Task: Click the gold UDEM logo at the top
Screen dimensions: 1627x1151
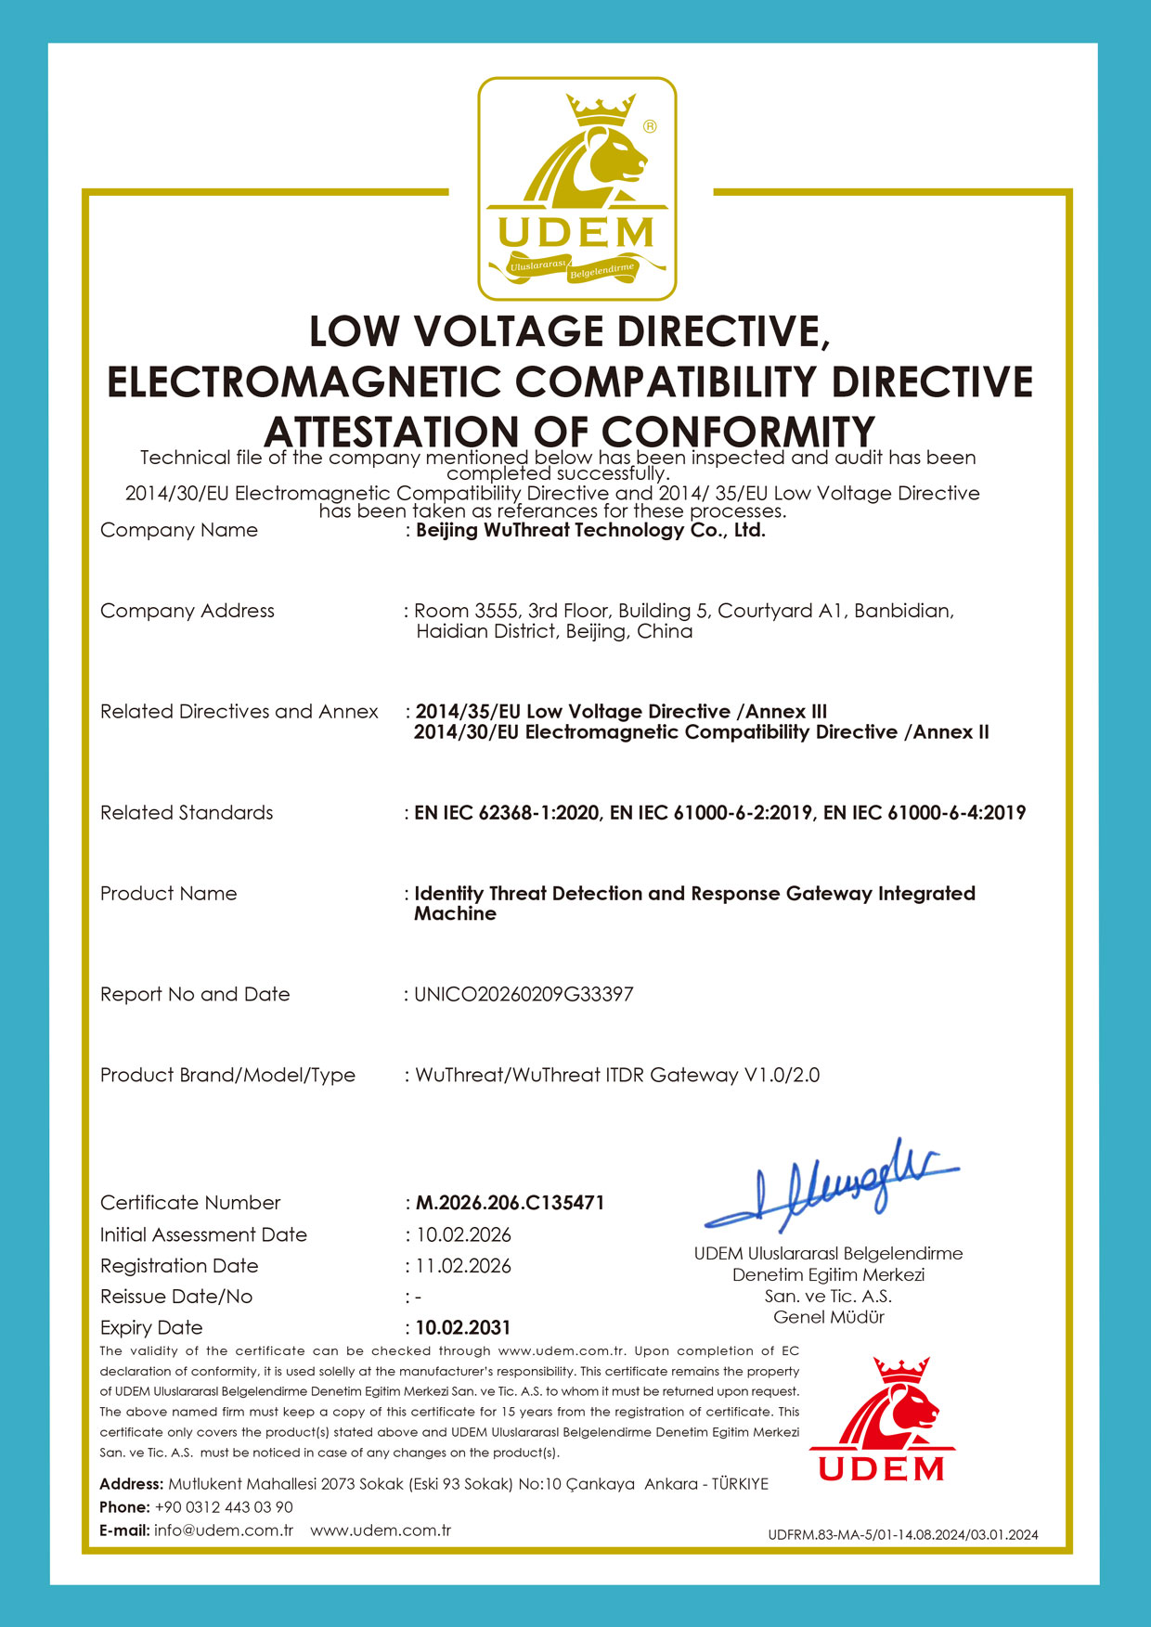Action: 576,189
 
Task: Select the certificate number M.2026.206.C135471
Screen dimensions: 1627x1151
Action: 510,1203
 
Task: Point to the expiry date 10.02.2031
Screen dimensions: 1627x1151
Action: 463,1328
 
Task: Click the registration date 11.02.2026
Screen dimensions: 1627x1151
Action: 463,1266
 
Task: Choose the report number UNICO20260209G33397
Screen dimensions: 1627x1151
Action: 524,995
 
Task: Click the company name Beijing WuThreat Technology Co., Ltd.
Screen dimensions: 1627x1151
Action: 590,531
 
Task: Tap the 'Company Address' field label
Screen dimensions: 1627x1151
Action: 188,611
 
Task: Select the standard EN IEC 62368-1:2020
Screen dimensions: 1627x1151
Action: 507,813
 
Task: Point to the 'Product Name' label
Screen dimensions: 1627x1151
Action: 169,894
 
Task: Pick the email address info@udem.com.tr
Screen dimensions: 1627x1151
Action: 224,1530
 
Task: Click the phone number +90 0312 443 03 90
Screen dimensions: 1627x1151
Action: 224,1507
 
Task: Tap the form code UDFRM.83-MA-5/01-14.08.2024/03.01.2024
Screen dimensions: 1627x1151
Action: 902,1535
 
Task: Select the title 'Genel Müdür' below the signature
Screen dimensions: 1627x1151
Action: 829,1317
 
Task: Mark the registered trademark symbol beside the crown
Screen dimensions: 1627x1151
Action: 650,126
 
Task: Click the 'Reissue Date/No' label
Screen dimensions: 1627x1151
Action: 176,1297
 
